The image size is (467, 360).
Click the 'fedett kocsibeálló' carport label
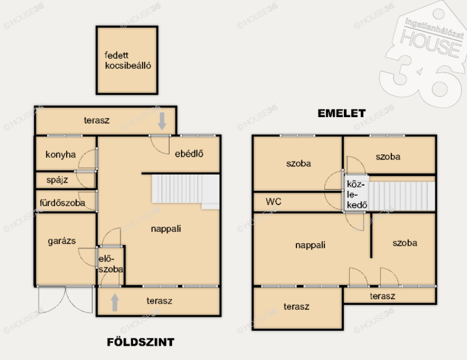(x=128, y=61)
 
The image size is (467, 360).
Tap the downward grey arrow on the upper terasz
(x=162, y=121)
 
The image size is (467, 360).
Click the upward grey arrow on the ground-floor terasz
(x=115, y=302)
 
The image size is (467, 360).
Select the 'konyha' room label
(x=61, y=155)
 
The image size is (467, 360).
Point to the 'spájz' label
(x=57, y=180)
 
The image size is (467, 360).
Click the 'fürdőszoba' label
(x=62, y=203)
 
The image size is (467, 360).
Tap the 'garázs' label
(x=62, y=241)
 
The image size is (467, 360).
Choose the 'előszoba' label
(x=110, y=264)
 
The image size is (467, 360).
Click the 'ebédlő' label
(x=189, y=154)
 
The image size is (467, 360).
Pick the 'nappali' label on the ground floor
(x=166, y=229)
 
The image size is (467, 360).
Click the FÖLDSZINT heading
(x=140, y=342)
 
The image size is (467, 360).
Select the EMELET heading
(x=342, y=113)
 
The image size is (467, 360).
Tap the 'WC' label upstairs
(x=274, y=201)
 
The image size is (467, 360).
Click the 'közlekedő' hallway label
(x=357, y=195)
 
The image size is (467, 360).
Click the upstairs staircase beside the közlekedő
(x=402, y=196)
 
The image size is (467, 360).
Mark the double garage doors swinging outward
(x=66, y=299)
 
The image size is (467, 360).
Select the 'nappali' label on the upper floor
(x=310, y=245)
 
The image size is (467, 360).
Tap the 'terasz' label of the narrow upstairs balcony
(x=383, y=296)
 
